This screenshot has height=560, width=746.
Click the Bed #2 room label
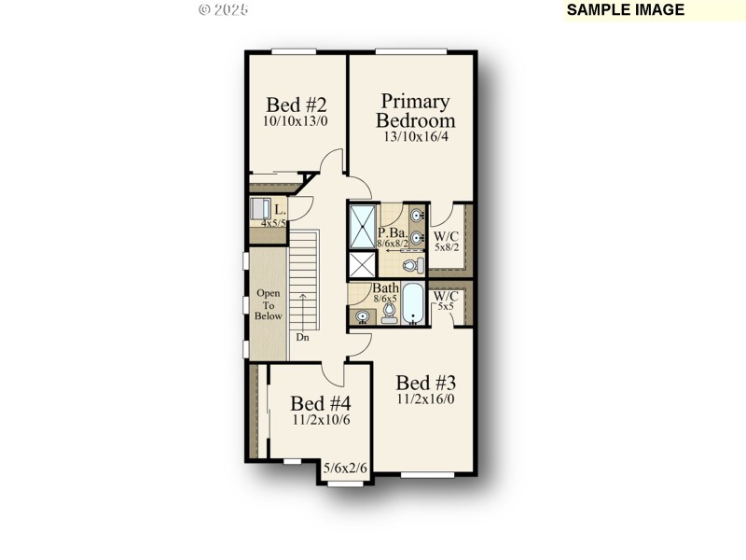point(296,104)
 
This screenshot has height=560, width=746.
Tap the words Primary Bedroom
point(415,110)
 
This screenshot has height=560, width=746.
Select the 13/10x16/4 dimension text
point(415,136)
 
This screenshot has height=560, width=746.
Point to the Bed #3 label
point(426,383)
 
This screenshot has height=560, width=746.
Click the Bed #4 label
point(320,403)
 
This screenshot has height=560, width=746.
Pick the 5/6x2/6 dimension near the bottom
point(345,469)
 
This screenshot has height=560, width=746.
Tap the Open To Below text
point(269,304)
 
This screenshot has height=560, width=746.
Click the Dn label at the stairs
point(302,338)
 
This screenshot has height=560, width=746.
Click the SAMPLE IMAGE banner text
point(626,10)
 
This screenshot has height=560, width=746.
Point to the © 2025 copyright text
point(223,9)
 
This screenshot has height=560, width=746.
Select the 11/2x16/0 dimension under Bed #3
point(426,399)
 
